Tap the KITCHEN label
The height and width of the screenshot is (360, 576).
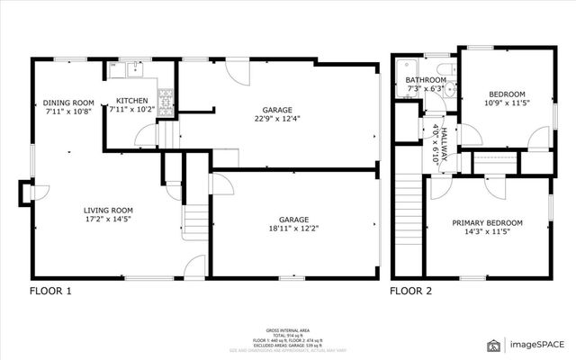point(132,101)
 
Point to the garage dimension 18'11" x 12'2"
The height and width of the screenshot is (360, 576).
point(293,229)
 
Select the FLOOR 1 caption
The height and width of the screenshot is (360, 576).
point(50,291)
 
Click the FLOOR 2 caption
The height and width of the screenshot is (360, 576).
point(410,291)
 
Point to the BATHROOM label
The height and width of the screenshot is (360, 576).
point(425,79)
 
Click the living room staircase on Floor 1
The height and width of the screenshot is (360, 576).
point(194,218)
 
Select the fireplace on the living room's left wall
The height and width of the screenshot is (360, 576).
point(24,192)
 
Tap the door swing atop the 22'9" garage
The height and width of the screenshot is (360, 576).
point(235,71)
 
